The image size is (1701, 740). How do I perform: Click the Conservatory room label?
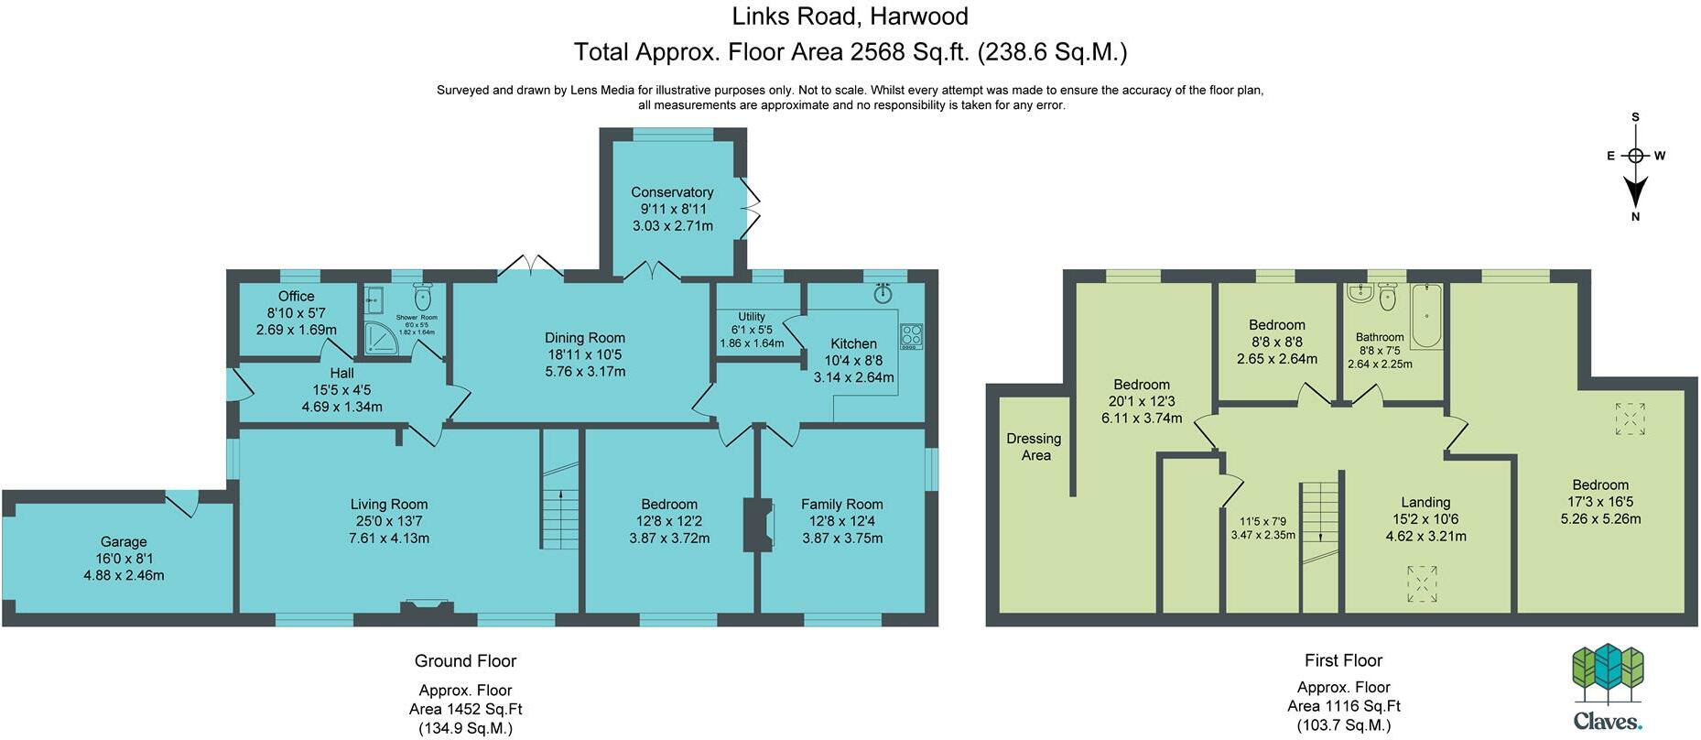[672, 192]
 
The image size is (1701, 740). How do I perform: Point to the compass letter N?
[1635, 217]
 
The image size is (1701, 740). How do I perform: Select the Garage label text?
[124, 542]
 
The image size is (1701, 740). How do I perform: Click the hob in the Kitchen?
[911, 336]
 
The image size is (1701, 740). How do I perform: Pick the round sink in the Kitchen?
[883, 294]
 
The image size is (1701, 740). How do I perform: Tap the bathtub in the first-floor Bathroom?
[1426, 316]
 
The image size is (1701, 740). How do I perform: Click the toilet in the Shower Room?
[422, 297]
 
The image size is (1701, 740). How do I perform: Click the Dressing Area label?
[1035, 447]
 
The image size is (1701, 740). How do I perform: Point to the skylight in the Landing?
[1422, 583]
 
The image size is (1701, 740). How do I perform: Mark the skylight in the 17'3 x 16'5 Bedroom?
[1630, 419]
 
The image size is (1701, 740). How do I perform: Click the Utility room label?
[752, 317]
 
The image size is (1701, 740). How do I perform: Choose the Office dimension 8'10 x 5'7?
[297, 313]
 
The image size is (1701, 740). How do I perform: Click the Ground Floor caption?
[465, 661]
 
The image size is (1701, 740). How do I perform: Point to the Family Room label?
[842, 505]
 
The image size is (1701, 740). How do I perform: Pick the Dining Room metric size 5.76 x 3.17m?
[585, 372]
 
